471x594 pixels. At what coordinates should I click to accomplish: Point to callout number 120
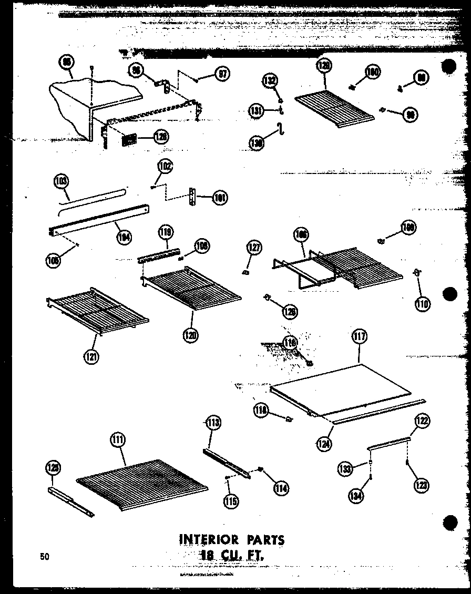(x=191, y=334)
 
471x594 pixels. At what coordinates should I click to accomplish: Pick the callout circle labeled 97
(x=222, y=75)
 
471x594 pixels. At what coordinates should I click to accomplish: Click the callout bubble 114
(x=281, y=487)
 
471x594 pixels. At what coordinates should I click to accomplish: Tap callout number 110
(x=422, y=303)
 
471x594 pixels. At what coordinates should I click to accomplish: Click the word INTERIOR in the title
(x=210, y=539)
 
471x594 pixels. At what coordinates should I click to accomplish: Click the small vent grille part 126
(x=129, y=140)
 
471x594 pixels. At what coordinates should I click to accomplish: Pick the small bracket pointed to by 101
(x=193, y=198)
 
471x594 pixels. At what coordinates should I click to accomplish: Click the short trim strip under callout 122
(x=389, y=442)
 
